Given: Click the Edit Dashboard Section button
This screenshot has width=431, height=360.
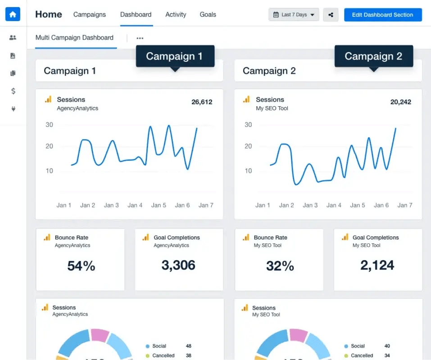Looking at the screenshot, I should click(382, 15).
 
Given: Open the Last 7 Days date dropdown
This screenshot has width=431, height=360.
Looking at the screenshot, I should click(294, 15).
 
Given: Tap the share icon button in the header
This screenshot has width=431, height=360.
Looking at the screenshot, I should click(331, 15).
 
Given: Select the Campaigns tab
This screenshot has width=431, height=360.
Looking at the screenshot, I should click(90, 14).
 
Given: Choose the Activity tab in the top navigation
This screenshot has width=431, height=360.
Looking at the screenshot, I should click(176, 14).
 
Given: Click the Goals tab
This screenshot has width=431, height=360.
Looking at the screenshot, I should click(208, 14).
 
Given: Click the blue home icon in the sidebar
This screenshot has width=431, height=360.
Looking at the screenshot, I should click(13, 14).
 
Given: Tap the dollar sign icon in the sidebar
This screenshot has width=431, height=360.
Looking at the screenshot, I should click(13, 91).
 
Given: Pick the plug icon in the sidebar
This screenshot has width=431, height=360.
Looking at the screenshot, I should click(13, 109).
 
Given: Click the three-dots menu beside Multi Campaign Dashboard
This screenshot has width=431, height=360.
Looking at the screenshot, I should click(140, 38).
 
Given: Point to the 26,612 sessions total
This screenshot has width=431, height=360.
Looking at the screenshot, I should click(202, 102).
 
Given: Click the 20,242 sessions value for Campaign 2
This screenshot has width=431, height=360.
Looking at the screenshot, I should click(400, 102).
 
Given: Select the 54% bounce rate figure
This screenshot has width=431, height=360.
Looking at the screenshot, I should click(81, 266).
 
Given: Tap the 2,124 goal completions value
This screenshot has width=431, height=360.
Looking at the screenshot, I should click(377, 265).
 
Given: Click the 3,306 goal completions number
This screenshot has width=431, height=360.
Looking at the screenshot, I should click(178, 265).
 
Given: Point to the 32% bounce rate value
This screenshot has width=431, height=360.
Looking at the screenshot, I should click(280, 266).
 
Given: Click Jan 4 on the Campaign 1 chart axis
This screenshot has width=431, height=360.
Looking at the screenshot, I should click(135, 205).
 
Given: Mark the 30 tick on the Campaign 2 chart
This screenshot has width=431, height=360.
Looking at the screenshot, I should click(248, 125).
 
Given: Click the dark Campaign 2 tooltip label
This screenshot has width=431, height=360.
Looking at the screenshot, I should click(373, 56).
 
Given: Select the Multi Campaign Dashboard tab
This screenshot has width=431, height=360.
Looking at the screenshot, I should click(74, 38).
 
